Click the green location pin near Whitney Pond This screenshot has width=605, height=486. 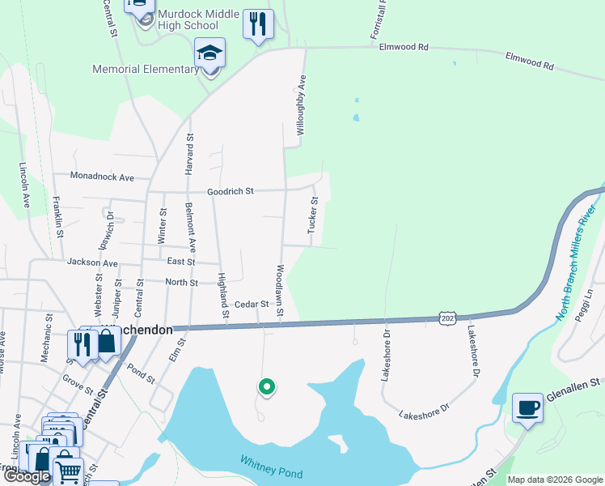[x=266, y=388]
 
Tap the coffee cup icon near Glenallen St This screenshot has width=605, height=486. [x=527, y=407]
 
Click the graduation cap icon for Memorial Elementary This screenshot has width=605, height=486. [x=210, y=53]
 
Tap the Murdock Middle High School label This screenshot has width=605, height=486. [x=199, y=20]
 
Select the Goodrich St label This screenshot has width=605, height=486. [x=231, y=192]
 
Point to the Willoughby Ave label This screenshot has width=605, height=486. [x=301, y=105]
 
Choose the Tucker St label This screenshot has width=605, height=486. [x=311, y=216]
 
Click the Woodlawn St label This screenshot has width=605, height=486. [x=280, y=290]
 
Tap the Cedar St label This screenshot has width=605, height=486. [x=251, y=305]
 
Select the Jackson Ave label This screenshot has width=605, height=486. [x=92, y=263]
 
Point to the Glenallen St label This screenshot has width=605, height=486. [x=577, y=382]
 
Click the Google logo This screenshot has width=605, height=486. [x=27, y=477]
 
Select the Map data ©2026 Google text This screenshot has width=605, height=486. [x=555, y=480]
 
